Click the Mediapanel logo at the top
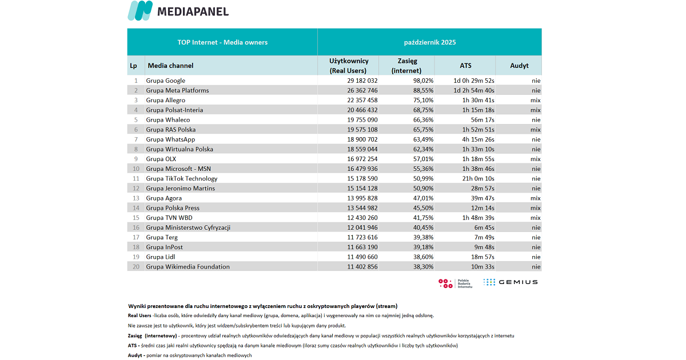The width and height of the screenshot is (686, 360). tap(178, 11)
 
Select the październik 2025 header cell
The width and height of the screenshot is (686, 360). tap(429, 42)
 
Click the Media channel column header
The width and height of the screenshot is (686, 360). tap(170, 66)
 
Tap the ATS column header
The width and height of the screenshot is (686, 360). tap(465, 66)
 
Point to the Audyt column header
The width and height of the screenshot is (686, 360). tap(519, 66)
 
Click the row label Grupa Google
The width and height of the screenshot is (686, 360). tap(166, 81)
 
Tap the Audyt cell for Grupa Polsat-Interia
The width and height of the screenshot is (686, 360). tap(535, 110)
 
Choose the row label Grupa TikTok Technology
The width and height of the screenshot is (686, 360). tap(182, 178)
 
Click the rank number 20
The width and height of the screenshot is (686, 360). tap(135, 267)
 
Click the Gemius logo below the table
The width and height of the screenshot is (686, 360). tap(510, 282)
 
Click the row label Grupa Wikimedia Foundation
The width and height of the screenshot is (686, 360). tap(188, 267)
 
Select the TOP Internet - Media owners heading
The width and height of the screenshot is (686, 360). tap(222, 42)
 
